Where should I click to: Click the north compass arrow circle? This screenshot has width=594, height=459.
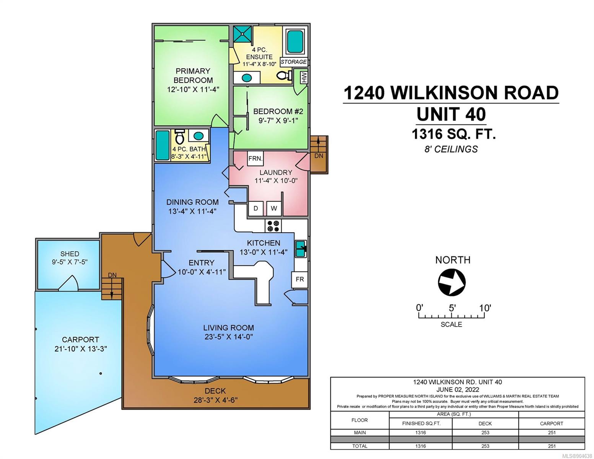(x=451, y=282)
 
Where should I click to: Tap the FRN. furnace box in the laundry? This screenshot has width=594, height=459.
(x=256, y=158)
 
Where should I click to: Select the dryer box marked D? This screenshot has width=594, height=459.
(x=256, y=208)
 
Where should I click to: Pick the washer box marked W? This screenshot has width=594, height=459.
(x=274, y=208)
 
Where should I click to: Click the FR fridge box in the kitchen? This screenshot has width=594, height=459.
(x=299, y=279)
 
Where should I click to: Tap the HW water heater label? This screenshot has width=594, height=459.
(x=304, y=77)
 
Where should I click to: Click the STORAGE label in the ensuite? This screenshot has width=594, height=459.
(x=294, y=62)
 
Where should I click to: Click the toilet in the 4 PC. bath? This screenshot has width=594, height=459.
(x=179, y=137)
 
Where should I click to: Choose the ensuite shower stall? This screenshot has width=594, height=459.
(x=242, y=34)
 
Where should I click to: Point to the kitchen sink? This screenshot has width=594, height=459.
(x=301, y=249)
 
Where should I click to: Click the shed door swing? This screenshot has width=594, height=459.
(x=68, y=283)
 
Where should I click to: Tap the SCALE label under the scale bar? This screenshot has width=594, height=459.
(x=451, y=324)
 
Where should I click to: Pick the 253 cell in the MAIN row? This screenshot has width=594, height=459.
(x=485, y=433)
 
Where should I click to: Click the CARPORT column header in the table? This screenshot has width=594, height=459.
(x=552, y=423)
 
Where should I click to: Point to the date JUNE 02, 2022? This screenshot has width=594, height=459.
(x=457, y=389)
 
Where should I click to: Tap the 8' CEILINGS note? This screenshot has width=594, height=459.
(x=451, y=149)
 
